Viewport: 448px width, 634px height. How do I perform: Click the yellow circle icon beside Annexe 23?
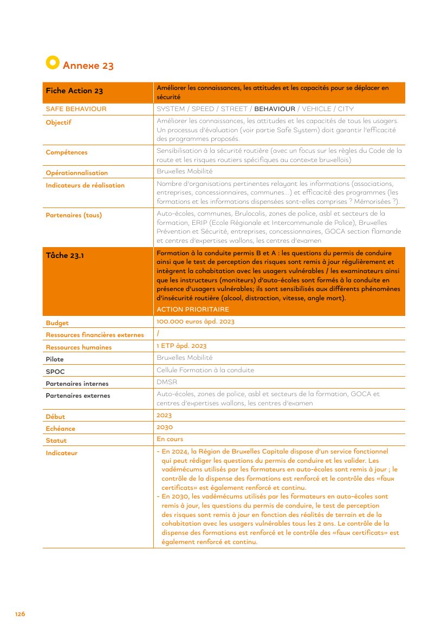tap(52, 62)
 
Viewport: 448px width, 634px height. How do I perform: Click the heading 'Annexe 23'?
tap(88, 66)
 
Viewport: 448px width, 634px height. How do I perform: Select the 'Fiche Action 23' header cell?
tap(74, 91)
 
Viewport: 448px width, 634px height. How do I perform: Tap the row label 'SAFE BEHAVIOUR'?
tap(76, 109)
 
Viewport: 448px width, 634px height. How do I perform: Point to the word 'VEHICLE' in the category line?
tap(316, 109)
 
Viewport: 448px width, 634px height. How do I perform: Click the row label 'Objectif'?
tap(59, 122)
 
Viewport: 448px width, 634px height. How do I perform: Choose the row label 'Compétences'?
tap(67, 152)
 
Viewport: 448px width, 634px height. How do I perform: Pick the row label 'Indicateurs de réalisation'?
tap(85, 185)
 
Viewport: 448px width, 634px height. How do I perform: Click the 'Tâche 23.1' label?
tap(64, 256)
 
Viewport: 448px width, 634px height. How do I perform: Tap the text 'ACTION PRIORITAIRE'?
tap(193, 309)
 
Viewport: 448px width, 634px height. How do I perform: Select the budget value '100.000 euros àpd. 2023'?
tap(196, 322)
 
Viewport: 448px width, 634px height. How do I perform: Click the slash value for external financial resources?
tap(158, 334)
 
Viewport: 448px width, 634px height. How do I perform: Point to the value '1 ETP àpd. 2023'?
tap(181, 346)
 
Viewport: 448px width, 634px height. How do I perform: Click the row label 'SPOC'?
tap(55, 372)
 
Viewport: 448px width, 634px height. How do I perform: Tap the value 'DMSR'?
tap(167, 382)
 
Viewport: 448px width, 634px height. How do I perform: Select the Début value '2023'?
tap(164, 415)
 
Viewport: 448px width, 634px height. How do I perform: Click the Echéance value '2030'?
tap(164, 427)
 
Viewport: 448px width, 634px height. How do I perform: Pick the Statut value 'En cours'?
tap(170, 439)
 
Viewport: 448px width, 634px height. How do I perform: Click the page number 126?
tap(20, 614)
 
